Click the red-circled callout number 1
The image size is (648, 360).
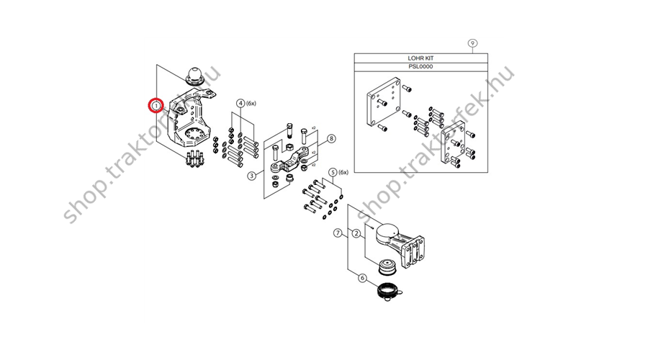pos(156,106)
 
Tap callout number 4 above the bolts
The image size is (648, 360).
pos(240,104)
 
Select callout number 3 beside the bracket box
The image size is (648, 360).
pos(252,176)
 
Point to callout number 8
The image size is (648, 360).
pos(331,138)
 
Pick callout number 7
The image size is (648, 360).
pos(338,233)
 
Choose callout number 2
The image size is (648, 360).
pos(356,233)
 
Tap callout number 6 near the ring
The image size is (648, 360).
pos(362,278)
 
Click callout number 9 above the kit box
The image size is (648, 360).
pos(472,43)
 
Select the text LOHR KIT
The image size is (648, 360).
pos(420,58)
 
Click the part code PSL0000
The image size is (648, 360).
pos(420,66)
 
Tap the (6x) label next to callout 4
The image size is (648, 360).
pos(251,104)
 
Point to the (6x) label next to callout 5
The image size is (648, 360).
pos(343,172)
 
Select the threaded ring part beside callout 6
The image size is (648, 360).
pos(389,291)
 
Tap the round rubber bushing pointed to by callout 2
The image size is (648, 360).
pos(387,266)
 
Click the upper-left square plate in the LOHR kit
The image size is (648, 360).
pos(384,102)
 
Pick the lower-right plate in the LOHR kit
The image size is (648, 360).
pos(454,145)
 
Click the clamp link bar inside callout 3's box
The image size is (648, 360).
pos(289,162)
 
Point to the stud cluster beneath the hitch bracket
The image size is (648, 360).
pos(194,159)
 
